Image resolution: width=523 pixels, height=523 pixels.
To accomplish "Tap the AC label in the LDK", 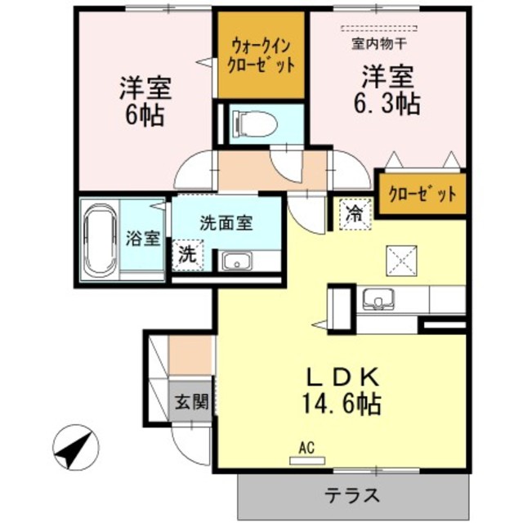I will point(306,449).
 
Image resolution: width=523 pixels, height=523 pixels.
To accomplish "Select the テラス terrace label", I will point(352,494).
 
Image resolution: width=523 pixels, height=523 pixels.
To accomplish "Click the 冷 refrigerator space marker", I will point(355,215).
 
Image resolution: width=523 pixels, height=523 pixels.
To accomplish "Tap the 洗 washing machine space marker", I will point(187,253).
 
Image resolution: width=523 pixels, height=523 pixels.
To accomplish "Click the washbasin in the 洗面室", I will point(238,261).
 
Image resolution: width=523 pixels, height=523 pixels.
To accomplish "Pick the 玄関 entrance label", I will point(190,401).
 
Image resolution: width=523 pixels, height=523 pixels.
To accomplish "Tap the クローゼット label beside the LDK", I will point(422,194).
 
